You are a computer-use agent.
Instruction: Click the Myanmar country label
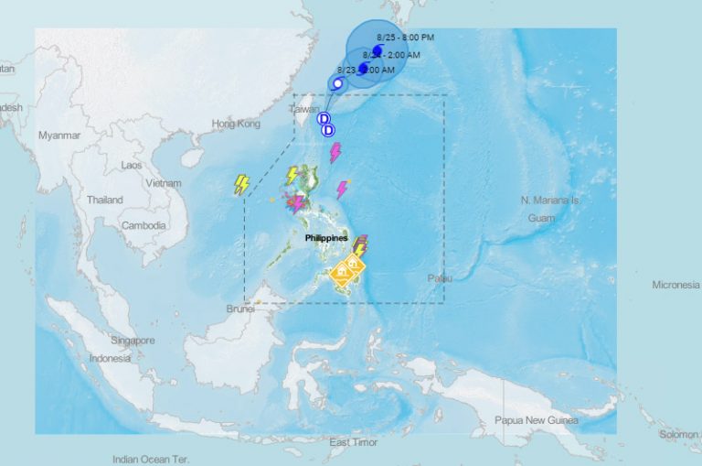coord(59,135)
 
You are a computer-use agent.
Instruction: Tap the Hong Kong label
coord(236,124)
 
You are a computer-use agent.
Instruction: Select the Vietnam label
coord(164,183)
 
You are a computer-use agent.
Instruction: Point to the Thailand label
coord(105,200)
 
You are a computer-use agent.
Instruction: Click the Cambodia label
coord(144,225)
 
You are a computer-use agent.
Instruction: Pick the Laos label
coord(133,166)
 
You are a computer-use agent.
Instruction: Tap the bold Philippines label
coord(326,238)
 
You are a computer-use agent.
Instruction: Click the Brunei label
coord(239,309)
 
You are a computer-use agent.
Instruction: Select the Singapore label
coord(133,341)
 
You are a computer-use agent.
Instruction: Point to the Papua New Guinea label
coord(537,420)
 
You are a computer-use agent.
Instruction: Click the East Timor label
coord(354,442)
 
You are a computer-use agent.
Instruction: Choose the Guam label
coord(541,218)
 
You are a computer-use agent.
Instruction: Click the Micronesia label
coord(675,285)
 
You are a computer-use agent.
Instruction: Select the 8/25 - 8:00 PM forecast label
coord(405,37)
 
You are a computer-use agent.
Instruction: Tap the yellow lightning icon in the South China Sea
coord(242,184)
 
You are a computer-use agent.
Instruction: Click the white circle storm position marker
coord(337,83)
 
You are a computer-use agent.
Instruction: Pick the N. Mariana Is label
coord(550,200)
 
